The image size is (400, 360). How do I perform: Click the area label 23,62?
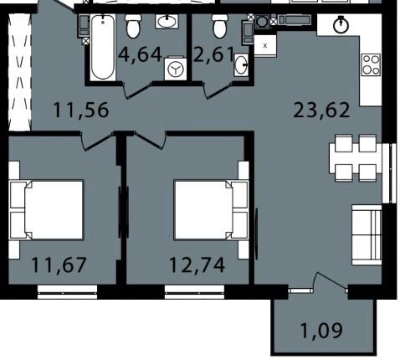pos(321,111)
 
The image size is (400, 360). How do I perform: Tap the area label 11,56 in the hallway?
pos(80,110)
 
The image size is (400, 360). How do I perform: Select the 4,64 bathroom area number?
pos(140,54)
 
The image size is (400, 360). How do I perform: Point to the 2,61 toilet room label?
pos(213,54)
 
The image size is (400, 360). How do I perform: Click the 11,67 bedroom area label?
pos(59,265)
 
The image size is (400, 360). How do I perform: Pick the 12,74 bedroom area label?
pos(197,265)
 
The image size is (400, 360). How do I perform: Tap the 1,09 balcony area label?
pos(321,331)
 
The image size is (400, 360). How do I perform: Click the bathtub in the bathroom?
pos(103,47)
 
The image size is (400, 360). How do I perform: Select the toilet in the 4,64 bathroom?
pos(133,26)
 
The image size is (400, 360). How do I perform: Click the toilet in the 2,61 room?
pos(219,26)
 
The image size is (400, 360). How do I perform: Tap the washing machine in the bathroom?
pos(176,69)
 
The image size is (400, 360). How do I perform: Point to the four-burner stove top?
pos(371,64)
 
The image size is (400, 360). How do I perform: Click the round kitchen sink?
pos(341,26)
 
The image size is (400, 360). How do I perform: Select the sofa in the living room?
pos(367,234)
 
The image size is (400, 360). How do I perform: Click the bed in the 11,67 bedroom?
pos(46,210)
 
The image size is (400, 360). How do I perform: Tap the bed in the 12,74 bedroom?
pos(211,210)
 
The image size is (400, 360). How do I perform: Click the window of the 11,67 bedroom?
pos(67,292)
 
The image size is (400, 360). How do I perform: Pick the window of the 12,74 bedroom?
pos(195,292)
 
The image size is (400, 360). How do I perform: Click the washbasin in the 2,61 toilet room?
pos(241,65)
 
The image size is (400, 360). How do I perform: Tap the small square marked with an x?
pos(265,46)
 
